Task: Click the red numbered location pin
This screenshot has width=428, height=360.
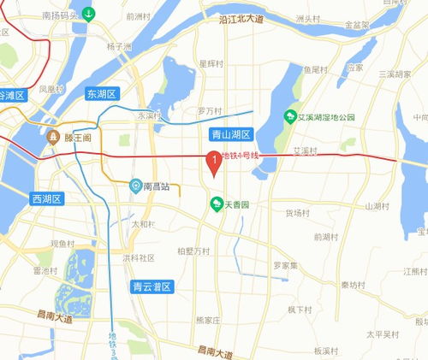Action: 213,160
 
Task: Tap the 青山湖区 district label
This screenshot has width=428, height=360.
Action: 230,134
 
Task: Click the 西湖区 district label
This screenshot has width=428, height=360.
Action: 47,199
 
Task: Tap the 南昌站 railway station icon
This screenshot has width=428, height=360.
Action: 135,186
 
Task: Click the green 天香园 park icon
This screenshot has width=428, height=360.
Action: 217,204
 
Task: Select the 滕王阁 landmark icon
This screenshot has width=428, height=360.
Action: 53,137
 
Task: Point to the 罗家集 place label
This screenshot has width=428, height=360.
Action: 285,265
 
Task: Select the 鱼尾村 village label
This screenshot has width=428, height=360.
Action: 316,69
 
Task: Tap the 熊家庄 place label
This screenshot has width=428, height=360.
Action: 208,320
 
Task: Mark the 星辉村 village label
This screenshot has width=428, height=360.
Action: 211,63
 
